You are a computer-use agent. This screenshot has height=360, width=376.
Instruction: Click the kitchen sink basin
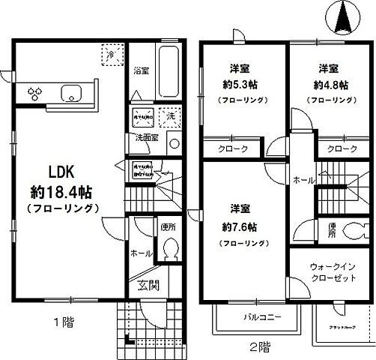point(72,94)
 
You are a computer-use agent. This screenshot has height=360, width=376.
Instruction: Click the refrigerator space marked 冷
point(109,55)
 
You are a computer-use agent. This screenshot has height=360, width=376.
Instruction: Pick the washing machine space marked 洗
point(169,118)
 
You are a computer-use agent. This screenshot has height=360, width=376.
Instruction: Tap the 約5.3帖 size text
point(240,83)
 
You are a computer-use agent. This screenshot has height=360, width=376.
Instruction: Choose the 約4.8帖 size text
point(329,83)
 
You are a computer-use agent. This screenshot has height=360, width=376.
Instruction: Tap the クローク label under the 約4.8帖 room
point(342,149)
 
